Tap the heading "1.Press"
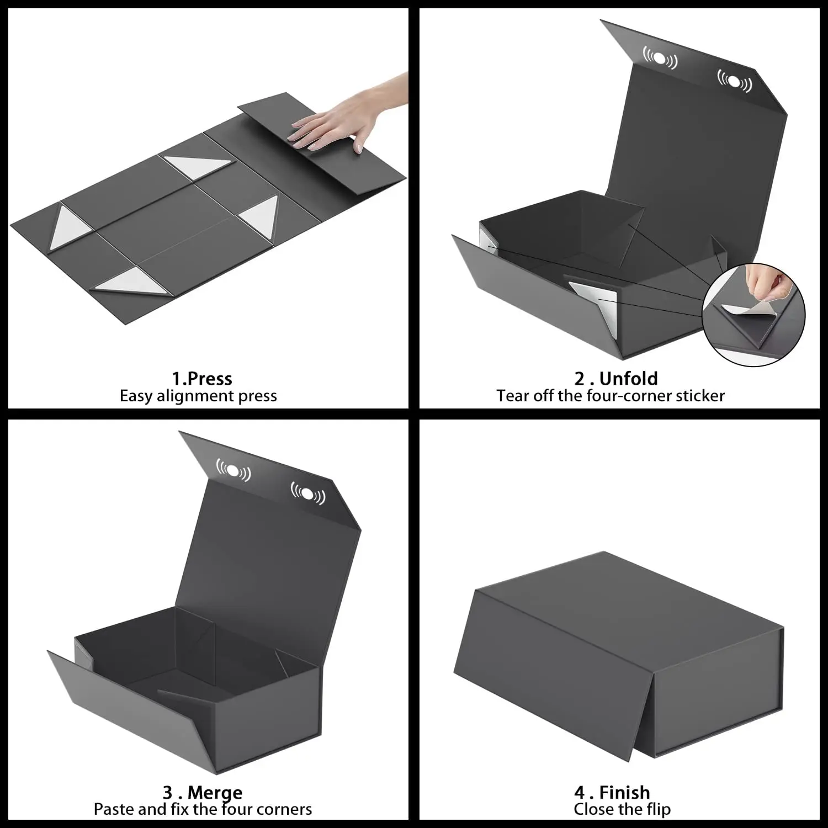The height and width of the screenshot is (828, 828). tap(201, 379)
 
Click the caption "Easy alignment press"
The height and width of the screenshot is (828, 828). tap(198, 396)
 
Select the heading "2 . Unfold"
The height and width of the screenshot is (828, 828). tap(616, 379)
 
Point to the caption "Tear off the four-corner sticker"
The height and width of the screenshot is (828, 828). tap(610, 396)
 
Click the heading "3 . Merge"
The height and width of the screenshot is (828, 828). tap(203, 793)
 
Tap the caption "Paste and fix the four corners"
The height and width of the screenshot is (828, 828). tap(203, 809)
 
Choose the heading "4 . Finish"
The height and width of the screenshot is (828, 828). tap(612, 793)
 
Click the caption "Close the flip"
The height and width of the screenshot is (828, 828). tap(622, 809)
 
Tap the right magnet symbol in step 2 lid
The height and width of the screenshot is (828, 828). tap(734, 82)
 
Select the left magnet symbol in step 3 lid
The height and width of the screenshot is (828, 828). tap(233, 470)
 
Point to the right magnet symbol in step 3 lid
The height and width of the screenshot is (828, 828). tap(308, 493)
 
